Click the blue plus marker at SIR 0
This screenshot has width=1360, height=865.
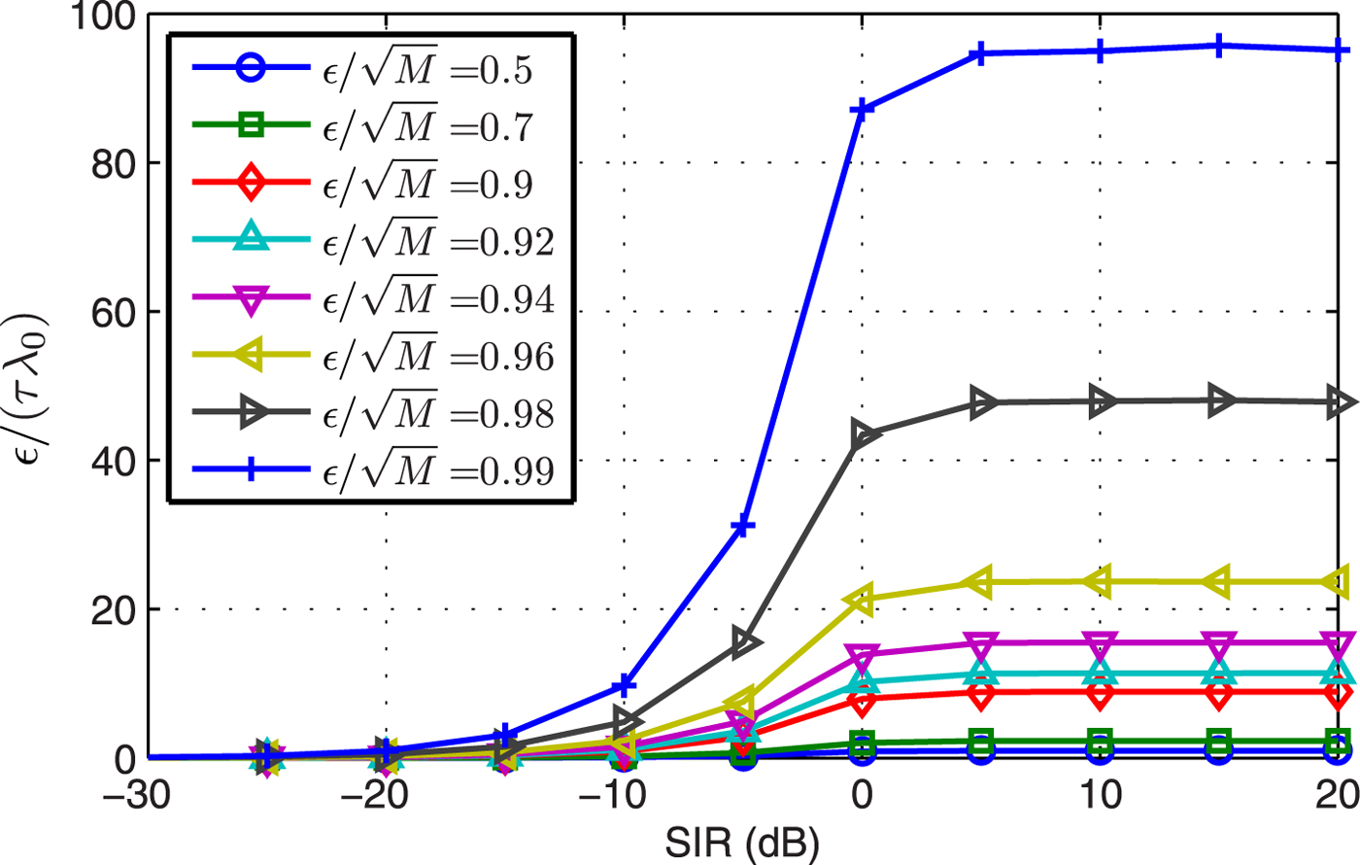(862, 109)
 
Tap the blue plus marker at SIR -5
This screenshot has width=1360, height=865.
(743, 526)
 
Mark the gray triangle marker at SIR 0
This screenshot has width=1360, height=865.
(862, 434)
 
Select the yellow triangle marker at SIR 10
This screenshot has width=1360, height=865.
(1100, 581)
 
